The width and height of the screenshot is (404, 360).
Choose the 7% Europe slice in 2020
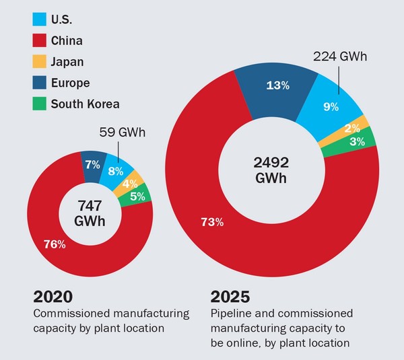pos(92,164)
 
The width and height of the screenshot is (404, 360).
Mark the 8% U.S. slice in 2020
pos(116,170)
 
